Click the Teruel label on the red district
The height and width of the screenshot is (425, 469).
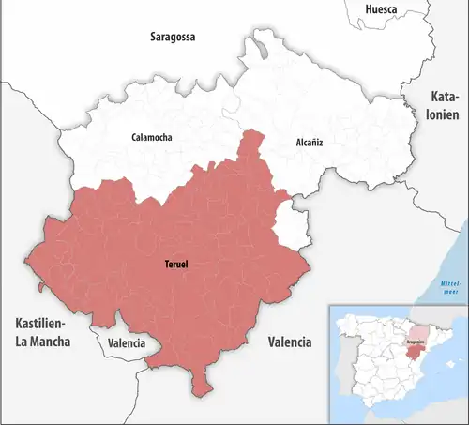[174, 265]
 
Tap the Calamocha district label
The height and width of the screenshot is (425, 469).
[151, 138]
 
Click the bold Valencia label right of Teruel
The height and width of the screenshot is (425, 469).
[289, 342]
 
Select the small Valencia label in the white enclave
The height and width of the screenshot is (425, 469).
[127, 343]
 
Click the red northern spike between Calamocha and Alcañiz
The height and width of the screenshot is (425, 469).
[250, 145]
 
